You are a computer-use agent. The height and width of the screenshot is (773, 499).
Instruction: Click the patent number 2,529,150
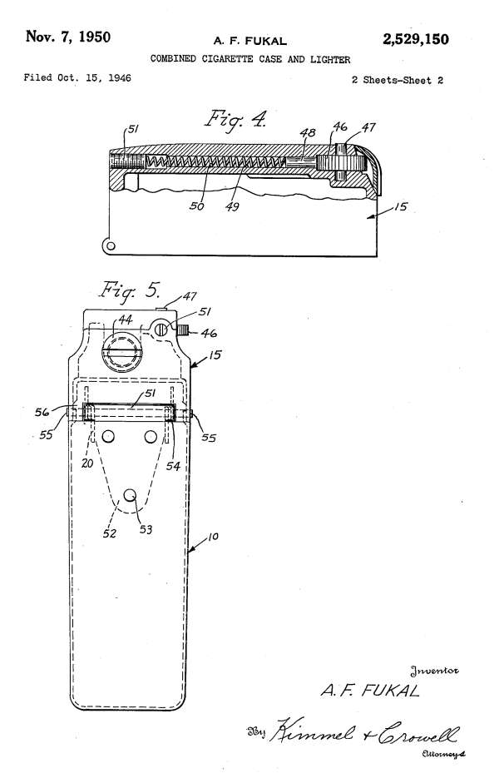(x=415, y=39)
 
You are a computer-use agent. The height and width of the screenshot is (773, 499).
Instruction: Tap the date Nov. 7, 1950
(x=68, y=37)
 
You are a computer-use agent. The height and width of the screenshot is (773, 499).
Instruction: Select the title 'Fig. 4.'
(x=236, y=119)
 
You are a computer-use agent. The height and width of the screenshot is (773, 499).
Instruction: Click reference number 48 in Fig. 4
(x=308, y=132)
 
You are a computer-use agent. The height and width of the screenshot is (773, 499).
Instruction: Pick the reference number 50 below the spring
(x=196, y=206)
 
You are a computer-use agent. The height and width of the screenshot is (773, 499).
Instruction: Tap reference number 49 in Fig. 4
(x=232, y=206)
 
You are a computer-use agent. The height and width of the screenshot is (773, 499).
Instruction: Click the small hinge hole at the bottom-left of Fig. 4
(x=111, y=245)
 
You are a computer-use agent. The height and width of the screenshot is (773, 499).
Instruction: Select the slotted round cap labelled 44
(x=121, y=351)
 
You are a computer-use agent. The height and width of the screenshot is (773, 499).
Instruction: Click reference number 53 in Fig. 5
(x=146, y=529)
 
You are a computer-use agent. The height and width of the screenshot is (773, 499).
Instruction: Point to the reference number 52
(x=110, y=533)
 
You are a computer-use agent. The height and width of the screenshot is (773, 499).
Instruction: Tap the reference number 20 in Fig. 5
(x=87, y=463)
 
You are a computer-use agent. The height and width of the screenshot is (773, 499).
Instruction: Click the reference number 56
(x=42, y=412)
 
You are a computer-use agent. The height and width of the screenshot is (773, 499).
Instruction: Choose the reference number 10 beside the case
(x=213, y=537)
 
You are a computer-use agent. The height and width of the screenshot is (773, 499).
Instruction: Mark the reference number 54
(x=173, y=465)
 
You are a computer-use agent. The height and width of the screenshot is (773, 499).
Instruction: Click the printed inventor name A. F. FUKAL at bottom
(x=370, y=690)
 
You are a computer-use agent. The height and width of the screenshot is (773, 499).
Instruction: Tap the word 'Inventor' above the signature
(x=434, y=671)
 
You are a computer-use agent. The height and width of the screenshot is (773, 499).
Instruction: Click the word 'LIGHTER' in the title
(x=330, y=60)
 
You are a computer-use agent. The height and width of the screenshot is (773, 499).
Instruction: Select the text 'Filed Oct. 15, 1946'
(x=77, y=78)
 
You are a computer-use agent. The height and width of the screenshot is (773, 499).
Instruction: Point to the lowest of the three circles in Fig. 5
(x=130, y=494)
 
